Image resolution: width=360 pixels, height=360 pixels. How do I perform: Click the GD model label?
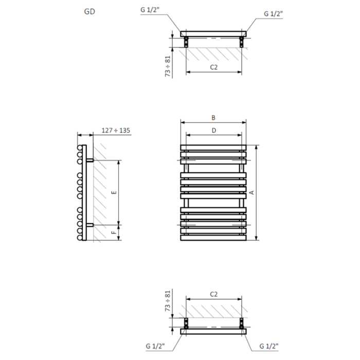(89, 11)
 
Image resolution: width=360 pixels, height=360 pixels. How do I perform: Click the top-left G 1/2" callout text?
(150, 10)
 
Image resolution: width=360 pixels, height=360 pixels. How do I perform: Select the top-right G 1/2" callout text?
(273, 14)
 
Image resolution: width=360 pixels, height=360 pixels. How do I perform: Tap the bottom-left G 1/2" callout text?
(155, 346)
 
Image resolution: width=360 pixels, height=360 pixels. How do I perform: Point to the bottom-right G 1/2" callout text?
(269, 346)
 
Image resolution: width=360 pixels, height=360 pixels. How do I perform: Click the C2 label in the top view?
(214, 67)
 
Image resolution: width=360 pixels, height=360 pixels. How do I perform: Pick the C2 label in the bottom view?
(214, 294)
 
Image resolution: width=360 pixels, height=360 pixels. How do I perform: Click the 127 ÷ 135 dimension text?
(116, 131)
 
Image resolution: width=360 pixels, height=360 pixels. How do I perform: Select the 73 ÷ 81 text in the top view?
(168, 66)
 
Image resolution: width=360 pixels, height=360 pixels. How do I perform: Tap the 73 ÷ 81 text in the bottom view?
(168, 301)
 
